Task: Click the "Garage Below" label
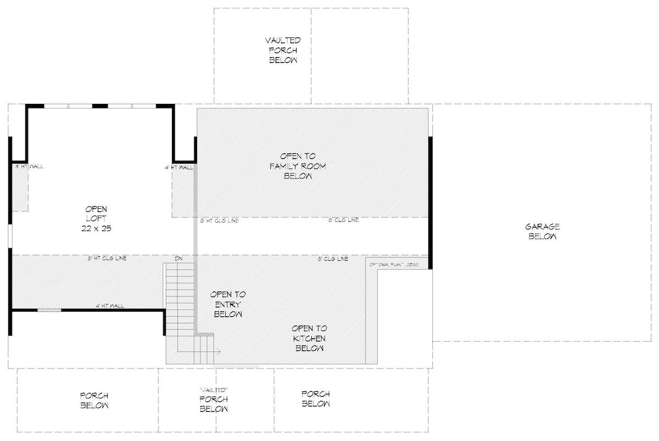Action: click(543, 231)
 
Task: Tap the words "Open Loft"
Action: click(96, 214)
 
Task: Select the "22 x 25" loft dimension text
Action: click(96, 228)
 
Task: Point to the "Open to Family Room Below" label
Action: click(298, 166)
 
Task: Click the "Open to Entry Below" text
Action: click(228, 304)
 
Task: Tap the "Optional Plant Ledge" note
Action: click(394, 265)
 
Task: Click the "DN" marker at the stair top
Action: click(178, 258)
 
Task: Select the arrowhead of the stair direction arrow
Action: click(219, 351)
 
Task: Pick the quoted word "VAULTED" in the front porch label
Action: click(213, 389)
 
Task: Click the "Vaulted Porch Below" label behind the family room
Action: click(283, 51)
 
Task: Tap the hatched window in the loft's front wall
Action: click(49, 311)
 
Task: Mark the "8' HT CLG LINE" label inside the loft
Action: click(108, 258)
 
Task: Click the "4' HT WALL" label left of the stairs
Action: click(109, 306)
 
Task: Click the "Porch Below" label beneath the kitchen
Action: click(315, 399)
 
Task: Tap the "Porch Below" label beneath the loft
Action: click(94, 400)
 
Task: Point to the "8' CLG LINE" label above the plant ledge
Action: click(333, 258)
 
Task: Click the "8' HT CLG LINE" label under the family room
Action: click(219, 220)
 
